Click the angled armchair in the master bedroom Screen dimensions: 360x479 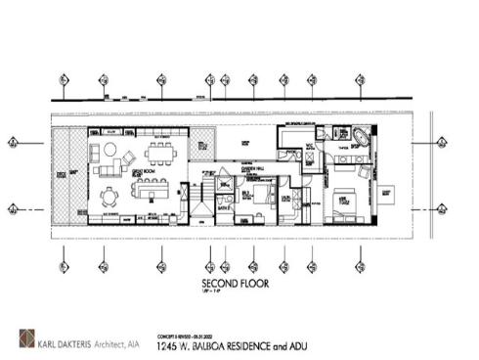click(365, 172)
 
